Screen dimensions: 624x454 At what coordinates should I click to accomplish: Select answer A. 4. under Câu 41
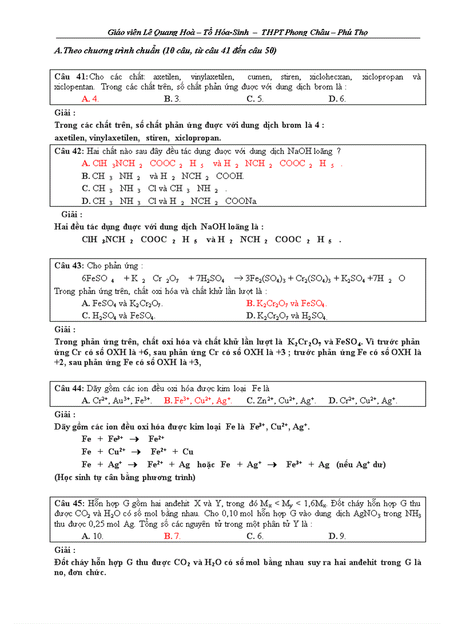pos(90,99)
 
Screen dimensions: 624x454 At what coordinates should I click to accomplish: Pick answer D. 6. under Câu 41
pos(337,99)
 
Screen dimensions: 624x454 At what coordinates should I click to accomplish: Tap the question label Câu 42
pos(70,151)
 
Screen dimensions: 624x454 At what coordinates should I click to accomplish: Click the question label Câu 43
pos(70,266)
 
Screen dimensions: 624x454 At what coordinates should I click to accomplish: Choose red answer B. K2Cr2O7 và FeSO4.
pos(287,303)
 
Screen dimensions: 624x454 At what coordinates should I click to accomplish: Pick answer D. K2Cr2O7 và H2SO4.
pos(287,316)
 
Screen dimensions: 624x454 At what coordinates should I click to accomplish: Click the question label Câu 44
pos(70,388)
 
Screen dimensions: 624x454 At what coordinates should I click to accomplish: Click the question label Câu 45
pos(70,503)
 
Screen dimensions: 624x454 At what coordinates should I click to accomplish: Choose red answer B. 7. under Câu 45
pos(172,536)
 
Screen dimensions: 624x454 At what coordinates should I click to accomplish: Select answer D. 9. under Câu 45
pos(337,536)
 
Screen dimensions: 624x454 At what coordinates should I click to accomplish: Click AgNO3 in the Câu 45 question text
pos(367,514)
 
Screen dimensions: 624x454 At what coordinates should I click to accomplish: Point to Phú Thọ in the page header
pos(353,32)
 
